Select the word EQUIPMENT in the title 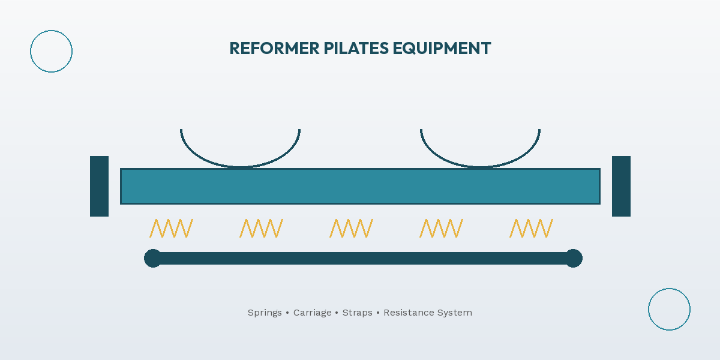[442, 49]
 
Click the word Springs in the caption [265, 313]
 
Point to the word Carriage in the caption [312, 313]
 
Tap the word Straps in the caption [357, 313]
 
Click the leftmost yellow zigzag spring [171, 228]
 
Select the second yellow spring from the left [261, 228]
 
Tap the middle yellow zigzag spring [351, 228]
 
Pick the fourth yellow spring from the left [441, 228]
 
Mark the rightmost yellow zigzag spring [531, 228]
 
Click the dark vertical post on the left [99, 186]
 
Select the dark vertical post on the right [621, 186]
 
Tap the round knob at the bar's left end [153, 258]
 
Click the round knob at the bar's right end [574, 258]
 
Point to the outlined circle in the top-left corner [51, 51]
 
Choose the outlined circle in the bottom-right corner [669, 309]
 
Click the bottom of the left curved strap [240, 166]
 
